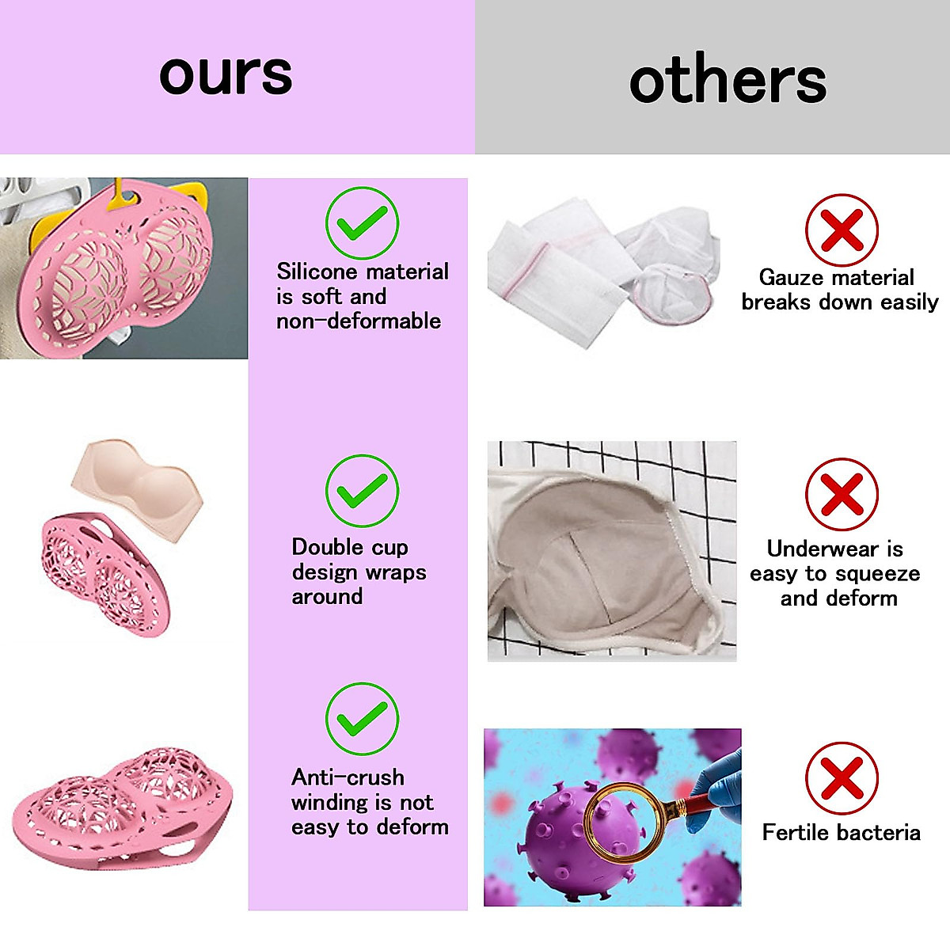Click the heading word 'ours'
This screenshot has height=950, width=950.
pos(226,75)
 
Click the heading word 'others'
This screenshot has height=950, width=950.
pos(728,81)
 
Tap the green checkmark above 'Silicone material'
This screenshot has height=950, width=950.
pos(362,223)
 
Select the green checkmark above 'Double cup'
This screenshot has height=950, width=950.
pos(362,491)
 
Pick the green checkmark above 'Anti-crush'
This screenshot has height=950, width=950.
pos(362,719)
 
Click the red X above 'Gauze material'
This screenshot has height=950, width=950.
pos(842,230)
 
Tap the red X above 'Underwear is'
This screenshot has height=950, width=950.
pos(842,495)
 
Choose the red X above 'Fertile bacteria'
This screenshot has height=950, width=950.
pos(842,778)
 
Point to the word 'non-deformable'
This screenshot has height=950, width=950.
pos(359,321)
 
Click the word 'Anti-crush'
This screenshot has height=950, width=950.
pos(348,777)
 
